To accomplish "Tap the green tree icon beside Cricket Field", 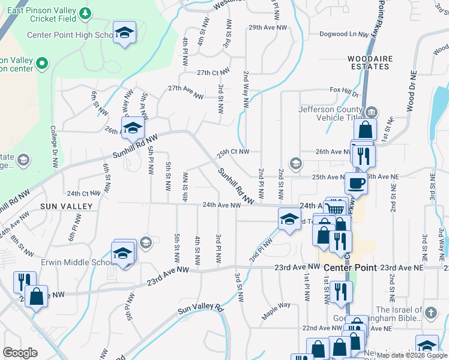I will [x=85, y=13].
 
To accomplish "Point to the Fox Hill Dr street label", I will [x=344, y=89].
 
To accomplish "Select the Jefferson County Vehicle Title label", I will [x=331, y=113].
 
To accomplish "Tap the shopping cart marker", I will [x=336, y=208].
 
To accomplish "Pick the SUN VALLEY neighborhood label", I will [x=67, y=206].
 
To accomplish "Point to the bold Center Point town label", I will [x=350, y=267].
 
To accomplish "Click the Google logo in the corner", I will [x=20, y=352].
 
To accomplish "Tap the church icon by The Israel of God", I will [x=430, y=312].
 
